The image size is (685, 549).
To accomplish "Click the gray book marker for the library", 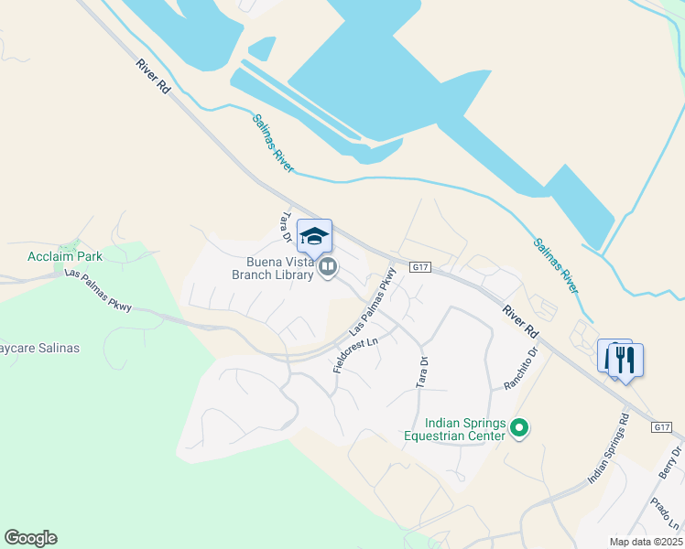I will point(328,267).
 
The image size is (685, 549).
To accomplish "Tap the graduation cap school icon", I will point(314,236).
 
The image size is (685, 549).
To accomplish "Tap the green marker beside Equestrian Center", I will point(520,428).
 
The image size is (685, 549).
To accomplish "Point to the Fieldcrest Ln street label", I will point(356,354).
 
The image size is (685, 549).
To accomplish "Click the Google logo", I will point(30,538).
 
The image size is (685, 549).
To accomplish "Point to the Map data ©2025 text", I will point(646,542).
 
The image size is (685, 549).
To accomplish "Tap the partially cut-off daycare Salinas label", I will point(39,349).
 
